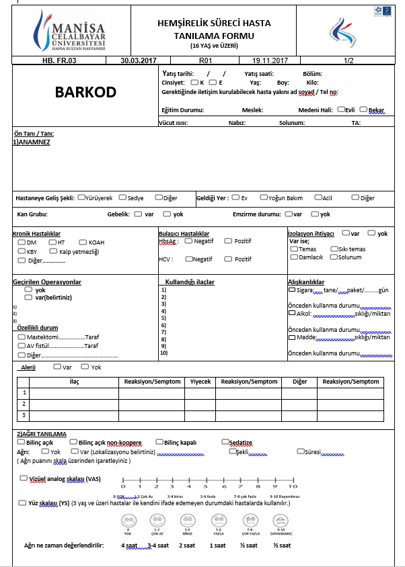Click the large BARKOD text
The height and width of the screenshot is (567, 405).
pyautogui.click(x=86, y=92)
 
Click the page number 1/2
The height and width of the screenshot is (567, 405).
pyautogui.click(x=348, y=60)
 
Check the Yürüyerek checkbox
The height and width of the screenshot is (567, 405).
pyautogui.click(x=81, y=198)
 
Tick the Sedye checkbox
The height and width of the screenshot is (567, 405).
pyautogui.click(x=122, y=198)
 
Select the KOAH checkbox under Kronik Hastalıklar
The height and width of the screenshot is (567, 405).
pyautogui.click(x=83, y=242)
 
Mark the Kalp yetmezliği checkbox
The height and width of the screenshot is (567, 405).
pyautogui.click(x=54, y=251)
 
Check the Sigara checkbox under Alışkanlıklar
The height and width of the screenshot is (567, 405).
pyautogui.click(x=291, y=290)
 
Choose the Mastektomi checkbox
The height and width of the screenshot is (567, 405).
pyautogui.click(x=22, y=337)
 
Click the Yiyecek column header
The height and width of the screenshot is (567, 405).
pyautogui.click(x=200, y=382)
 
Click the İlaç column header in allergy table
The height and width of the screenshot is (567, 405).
pyautogui.click(x=74, y=382)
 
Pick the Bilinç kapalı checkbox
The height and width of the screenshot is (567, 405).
pyautogui.click(x=159, y=441)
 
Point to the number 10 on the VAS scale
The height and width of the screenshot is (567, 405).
pyautogui.click(x=293, y=486)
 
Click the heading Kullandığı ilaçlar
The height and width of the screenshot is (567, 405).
pyautogui.click(x=190, y=282)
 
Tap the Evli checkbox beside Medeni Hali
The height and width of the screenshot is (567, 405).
pyautogui.click(x=341, y=109)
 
